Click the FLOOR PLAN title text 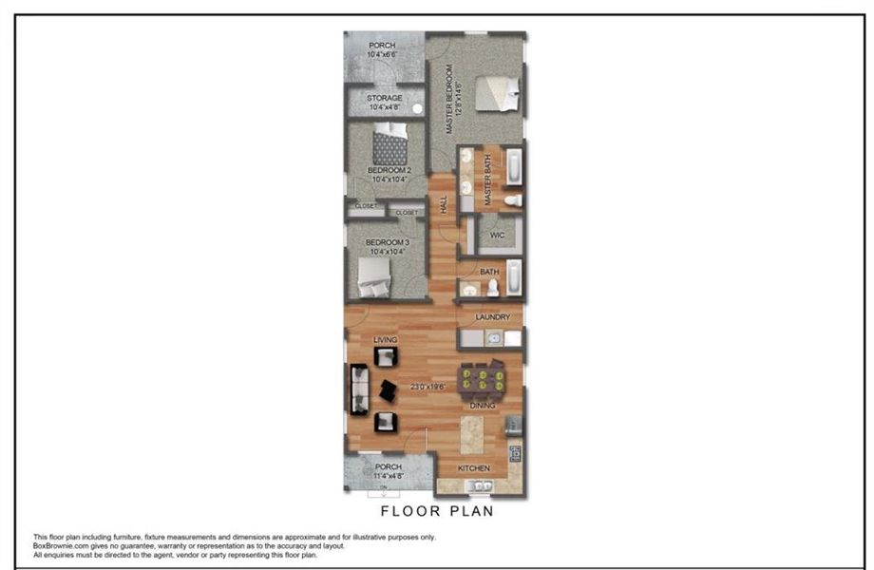(x=437, y=511)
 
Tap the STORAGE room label (x=385, y=98)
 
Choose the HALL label (x=444, y=204)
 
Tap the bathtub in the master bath (x=513, y=168)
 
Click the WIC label (x=497, y=235)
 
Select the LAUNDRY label (x=493, y=317)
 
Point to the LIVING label (x=385, y=340)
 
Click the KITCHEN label (x=474, y=469)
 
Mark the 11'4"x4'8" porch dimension (x=388, y=477)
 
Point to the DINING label (x=484, y=406)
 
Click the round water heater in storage (x=416, y=108)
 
